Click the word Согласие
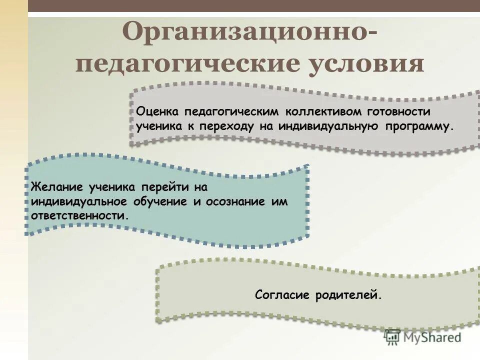point(282,295)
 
